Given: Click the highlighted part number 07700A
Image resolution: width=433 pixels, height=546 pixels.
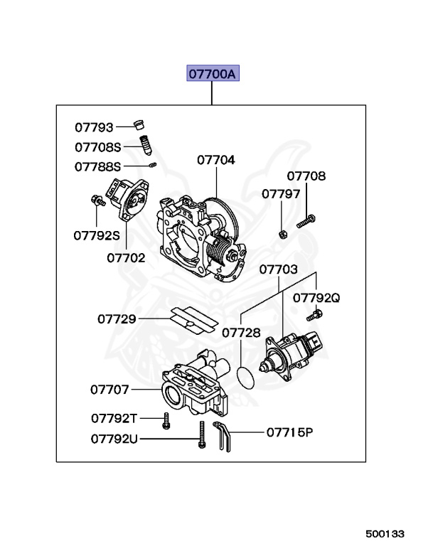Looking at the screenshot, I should [213, 74].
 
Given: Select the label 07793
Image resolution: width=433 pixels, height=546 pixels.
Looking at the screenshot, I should [95, 127].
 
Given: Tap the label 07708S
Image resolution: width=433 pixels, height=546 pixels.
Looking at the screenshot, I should [99, 147].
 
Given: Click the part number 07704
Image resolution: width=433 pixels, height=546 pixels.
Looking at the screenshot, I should [215, 160].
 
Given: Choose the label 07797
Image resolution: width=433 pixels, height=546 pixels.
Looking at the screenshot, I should [281, 193].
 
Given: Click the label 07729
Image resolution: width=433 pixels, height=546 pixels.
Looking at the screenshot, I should [117, 319].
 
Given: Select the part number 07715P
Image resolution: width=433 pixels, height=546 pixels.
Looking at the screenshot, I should [289, 432].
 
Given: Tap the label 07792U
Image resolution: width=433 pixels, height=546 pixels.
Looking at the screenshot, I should [114, 439].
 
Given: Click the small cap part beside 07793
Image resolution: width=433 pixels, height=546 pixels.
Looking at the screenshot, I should [140, 127].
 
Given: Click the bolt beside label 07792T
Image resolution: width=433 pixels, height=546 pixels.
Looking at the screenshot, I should [166, 421].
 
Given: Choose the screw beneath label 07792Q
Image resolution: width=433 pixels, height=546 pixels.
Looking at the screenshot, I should [311, 316].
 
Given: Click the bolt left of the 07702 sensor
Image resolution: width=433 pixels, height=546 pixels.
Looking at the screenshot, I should [97, 201].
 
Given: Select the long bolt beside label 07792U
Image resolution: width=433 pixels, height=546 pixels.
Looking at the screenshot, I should [202, 434].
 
